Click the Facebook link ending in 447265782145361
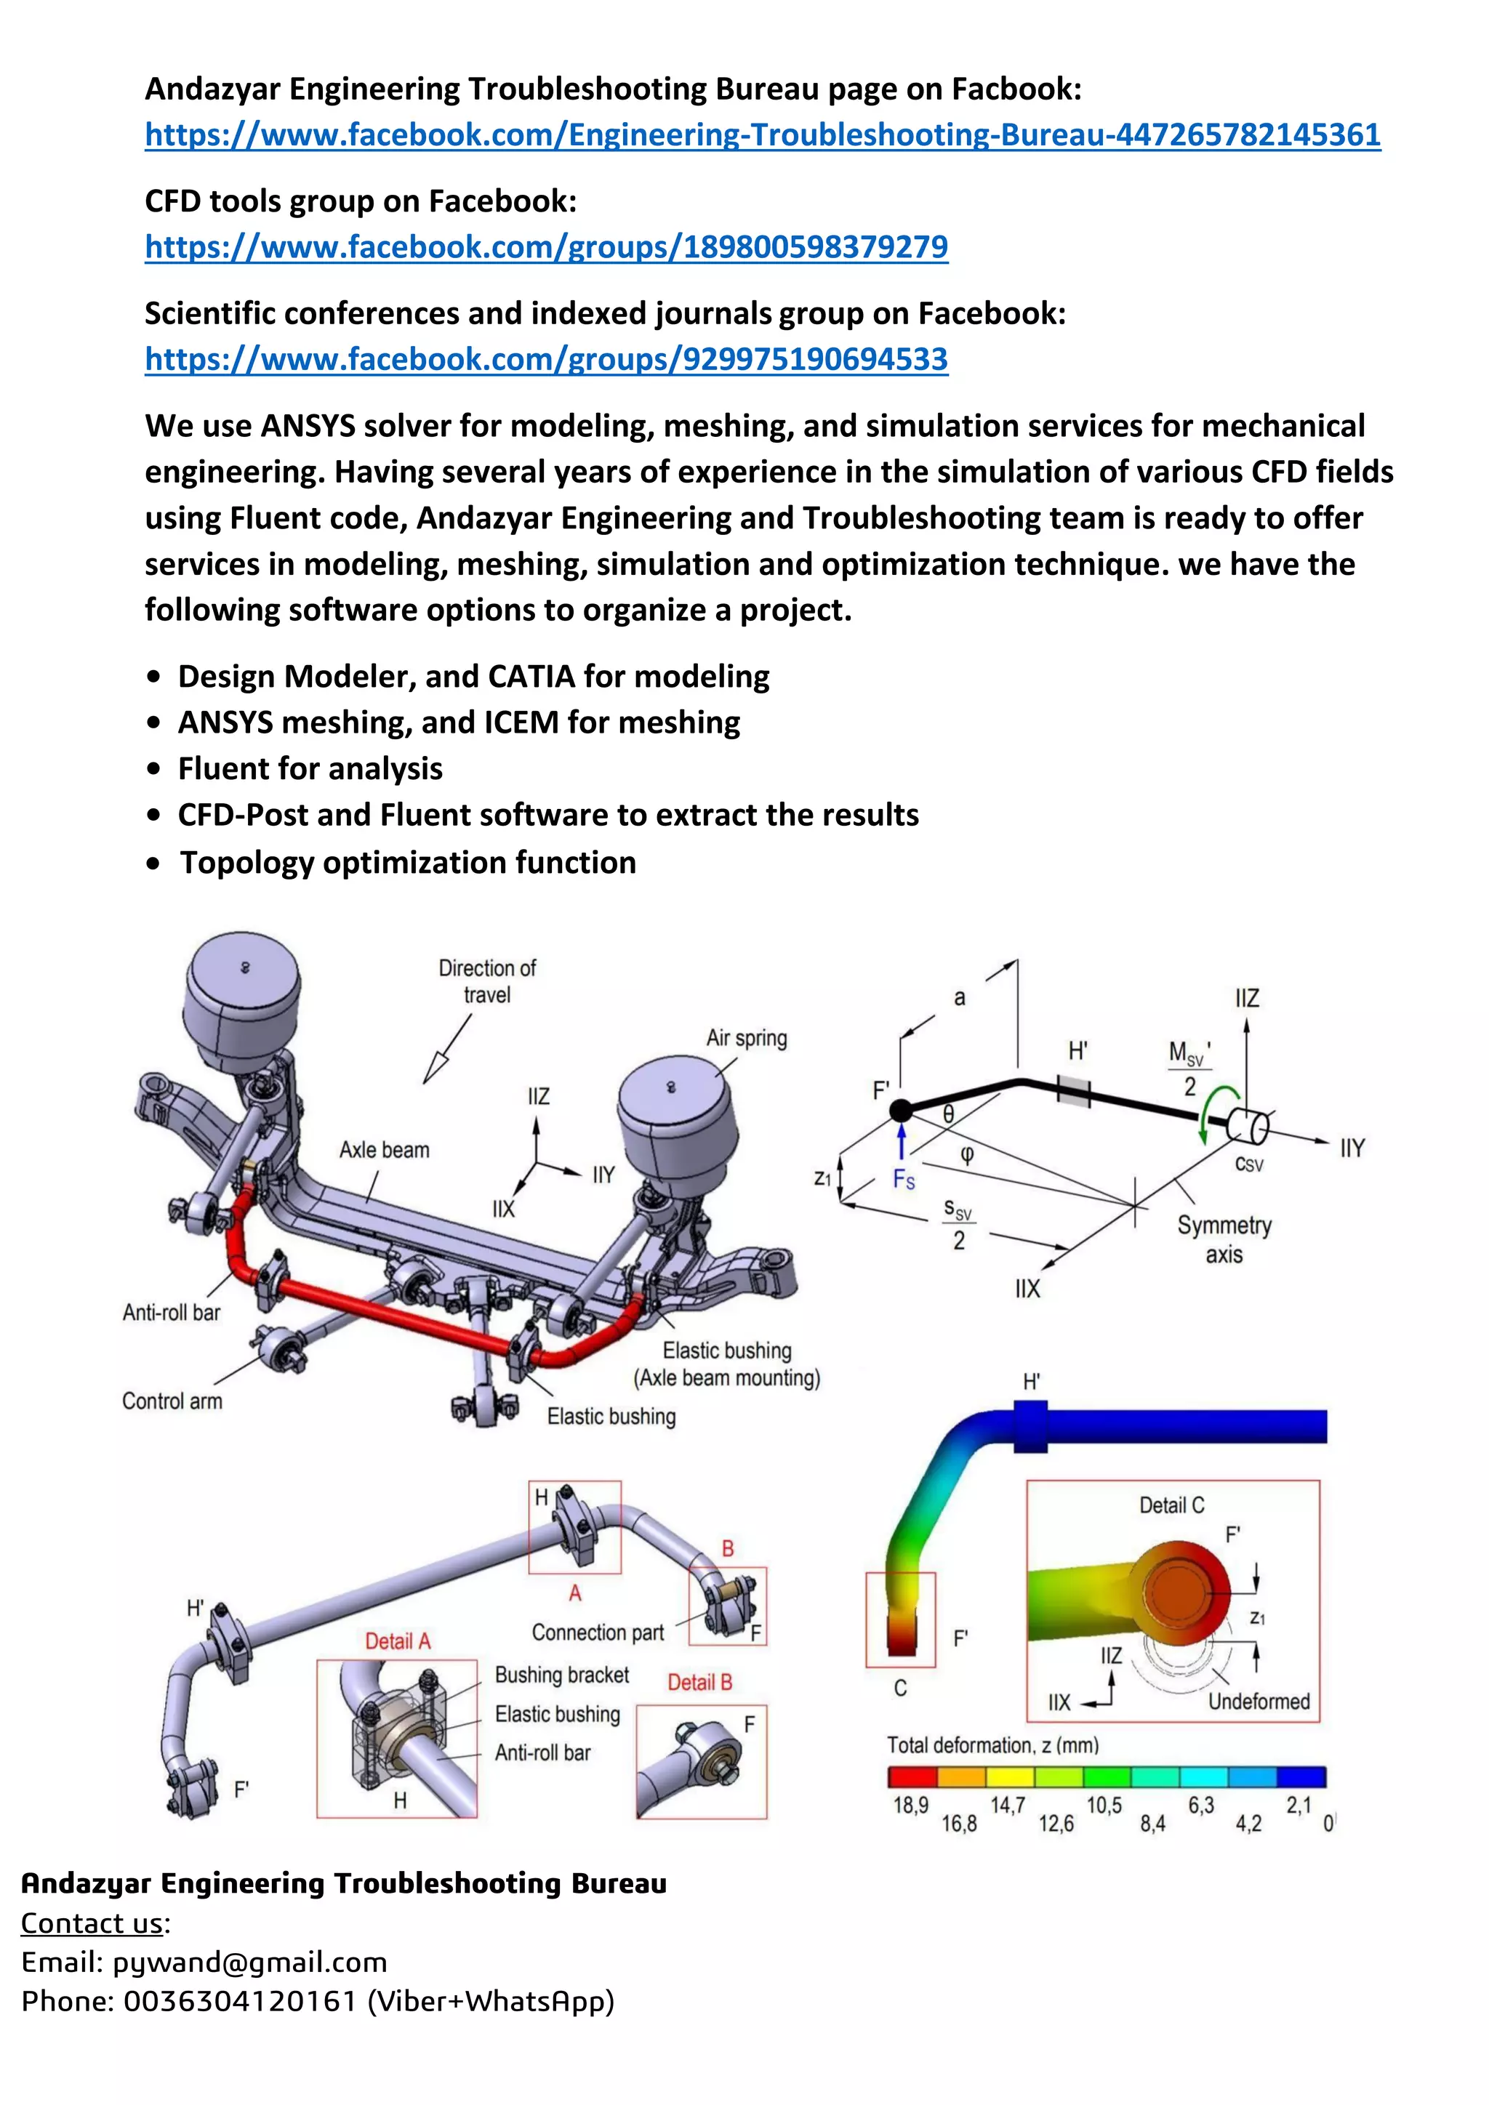pos(762,134)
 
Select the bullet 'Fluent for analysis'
pos(310,768)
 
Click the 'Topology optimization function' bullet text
pos(407,863)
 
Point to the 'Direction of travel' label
pos(487,981)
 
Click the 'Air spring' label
pos(747,1038)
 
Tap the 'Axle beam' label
pos(384,1150)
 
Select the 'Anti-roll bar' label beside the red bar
pos(172,1312)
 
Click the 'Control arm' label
pos(172,1401)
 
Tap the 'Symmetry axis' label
pos(1224,1239)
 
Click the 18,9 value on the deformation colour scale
pos(910,1806)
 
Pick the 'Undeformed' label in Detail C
pos(1258,1702)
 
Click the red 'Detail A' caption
pos(397,1641)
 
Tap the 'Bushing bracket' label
pos(561,1675)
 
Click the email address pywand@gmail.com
pos(249,1962)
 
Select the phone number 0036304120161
pos(239,2001)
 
